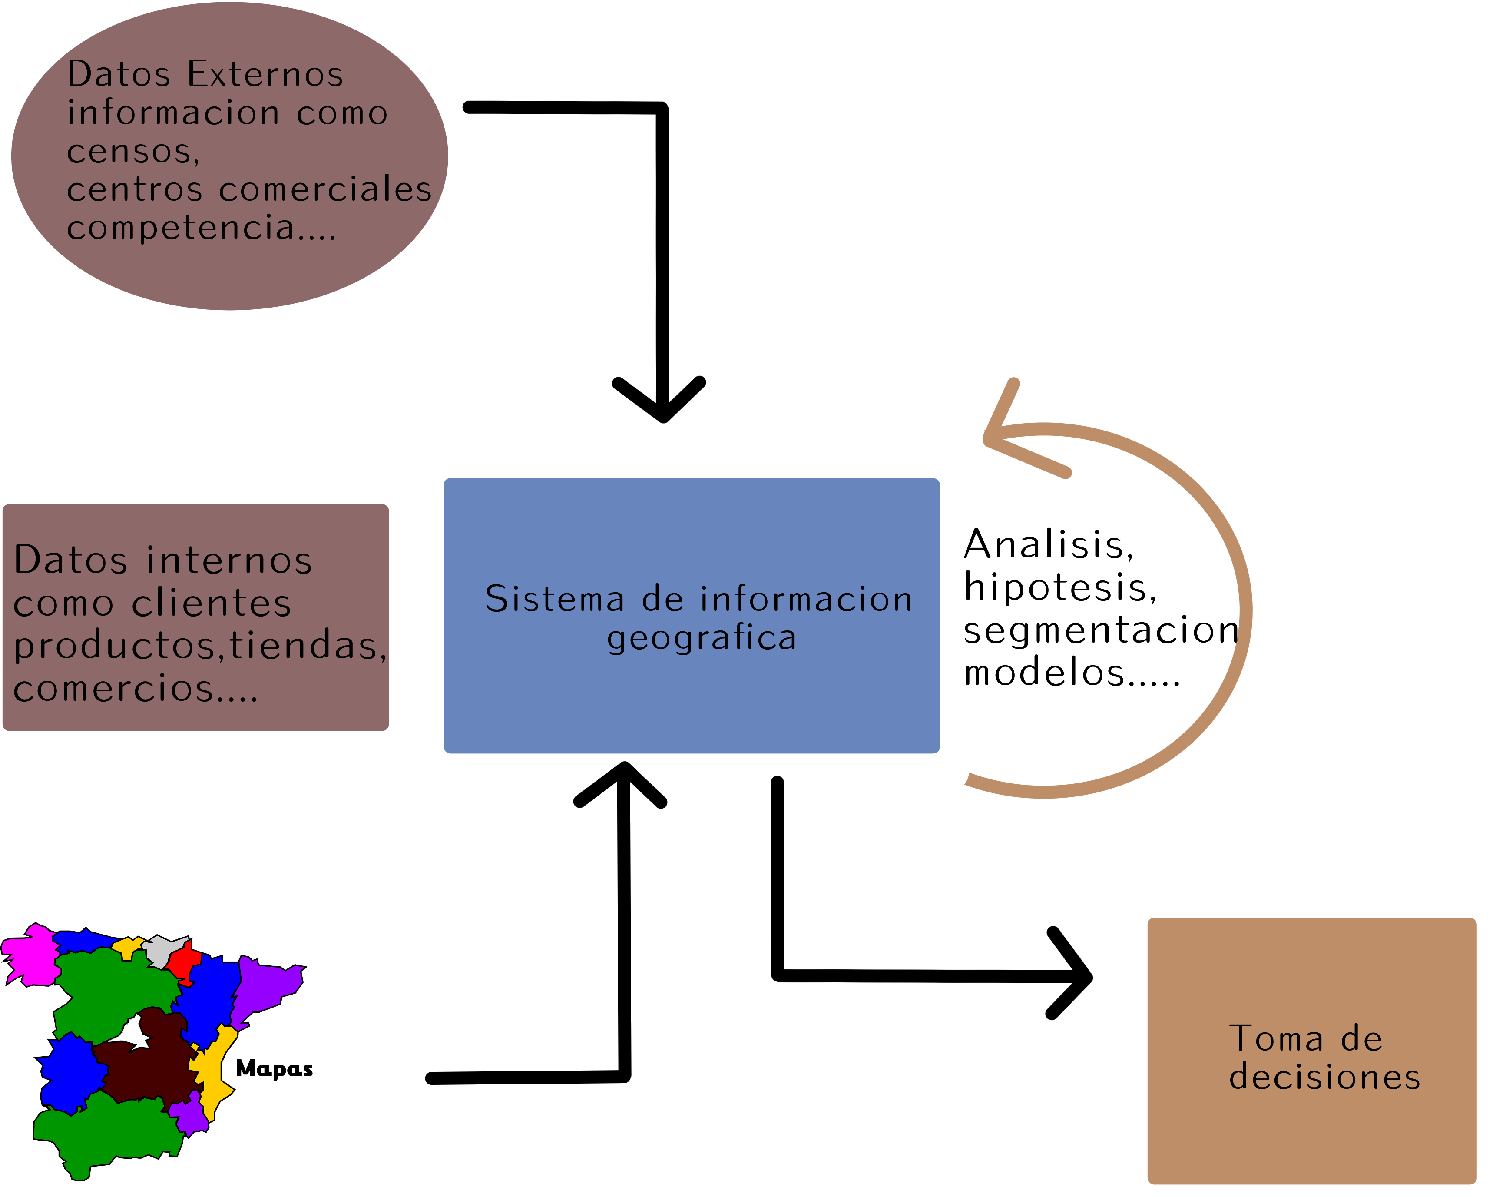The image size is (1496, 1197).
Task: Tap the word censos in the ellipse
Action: click(x=132, y=151)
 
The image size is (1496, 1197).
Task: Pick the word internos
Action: click(x=229, y=560)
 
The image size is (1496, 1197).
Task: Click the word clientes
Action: click(x=212, y=603)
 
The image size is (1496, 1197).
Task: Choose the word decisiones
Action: click(x=1324, y=1077)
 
